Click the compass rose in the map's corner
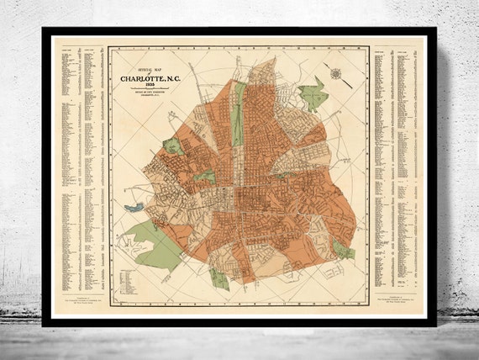[x=336, y=73]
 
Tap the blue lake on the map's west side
[x=133, y=207]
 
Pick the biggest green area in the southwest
[x=156, y=243]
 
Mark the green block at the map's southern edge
[x=219, y=278]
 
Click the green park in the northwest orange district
[x=173, y=146]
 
